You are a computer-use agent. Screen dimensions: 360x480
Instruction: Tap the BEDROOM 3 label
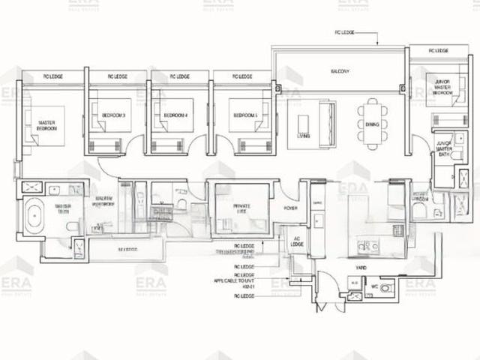(x=112, y=115)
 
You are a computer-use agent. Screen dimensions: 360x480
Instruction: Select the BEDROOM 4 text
(x=175, y=115)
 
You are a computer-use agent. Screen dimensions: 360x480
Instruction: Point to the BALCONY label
(x=340, y=71)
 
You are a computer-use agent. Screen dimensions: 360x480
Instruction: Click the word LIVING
(x=303, y=136)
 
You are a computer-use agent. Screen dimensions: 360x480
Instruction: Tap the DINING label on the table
(x=373, y=124)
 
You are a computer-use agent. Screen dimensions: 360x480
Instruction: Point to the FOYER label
(x=292, y=208)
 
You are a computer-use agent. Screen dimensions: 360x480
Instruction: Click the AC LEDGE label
(x=296, y=242)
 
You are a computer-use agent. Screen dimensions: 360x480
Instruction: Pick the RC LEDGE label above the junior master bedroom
(x=439, y=51)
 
